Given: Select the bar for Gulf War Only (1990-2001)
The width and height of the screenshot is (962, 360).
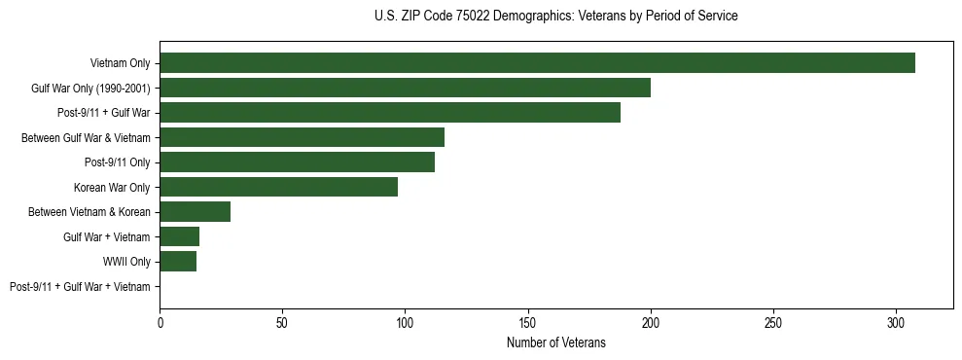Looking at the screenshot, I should tap(405, 88).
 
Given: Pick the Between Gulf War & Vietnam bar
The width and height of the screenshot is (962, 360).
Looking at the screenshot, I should tap(302, 137).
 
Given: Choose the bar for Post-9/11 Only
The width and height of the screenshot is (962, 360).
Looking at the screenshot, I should tap(297, 162).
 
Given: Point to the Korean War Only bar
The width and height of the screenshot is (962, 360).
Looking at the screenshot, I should tap(278, 187).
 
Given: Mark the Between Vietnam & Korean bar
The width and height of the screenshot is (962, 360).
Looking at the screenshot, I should tap(195, 212).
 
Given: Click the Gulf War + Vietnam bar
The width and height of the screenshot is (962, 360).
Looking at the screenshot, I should tap(179, 236).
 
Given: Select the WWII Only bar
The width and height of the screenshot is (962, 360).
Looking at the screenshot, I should tap(178, 262).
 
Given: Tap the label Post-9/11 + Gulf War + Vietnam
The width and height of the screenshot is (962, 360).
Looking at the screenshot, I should tap(80, 287).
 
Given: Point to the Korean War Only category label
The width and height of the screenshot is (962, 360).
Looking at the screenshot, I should tap(112, 187).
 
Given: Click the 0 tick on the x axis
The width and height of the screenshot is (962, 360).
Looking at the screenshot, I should tap(160, 321).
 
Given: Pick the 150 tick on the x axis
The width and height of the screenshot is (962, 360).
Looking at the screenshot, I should tap(527, 321).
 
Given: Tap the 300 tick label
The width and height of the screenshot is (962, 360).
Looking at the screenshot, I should tap(896, 321).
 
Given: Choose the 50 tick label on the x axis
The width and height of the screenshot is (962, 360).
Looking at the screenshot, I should tap(282, 321).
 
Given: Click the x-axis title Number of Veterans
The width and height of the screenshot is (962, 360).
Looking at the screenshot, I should tap(555, 342).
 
